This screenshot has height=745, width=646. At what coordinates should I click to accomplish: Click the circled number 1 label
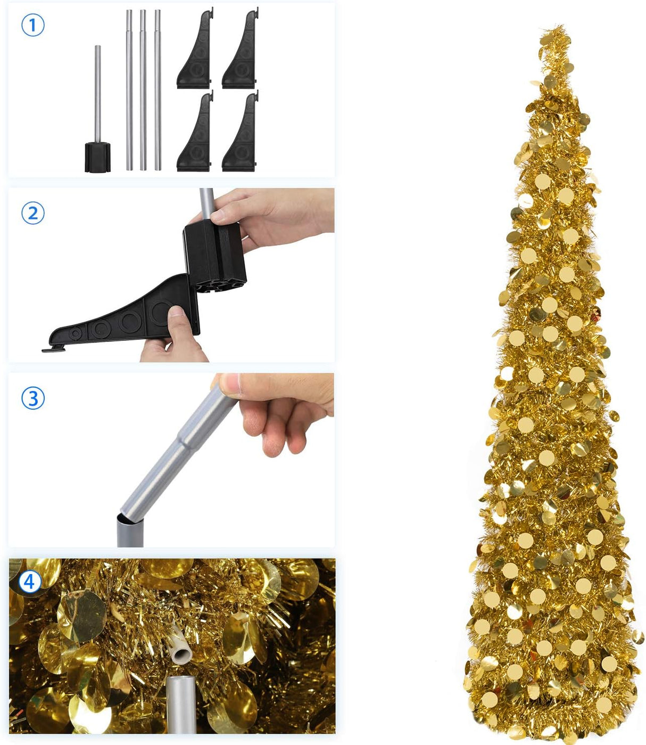coord(32,25)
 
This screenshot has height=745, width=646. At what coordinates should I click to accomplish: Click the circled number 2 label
coord(32,213)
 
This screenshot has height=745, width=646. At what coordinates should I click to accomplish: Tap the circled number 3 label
coord(32,398)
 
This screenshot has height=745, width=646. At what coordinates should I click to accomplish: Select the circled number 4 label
coord(29,582)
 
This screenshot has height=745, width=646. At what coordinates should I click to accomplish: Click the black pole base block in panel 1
coord(98,157)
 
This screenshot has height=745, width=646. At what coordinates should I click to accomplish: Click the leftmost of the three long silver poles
coord(129,91)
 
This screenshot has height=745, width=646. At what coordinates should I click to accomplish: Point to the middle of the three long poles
coord(143,91)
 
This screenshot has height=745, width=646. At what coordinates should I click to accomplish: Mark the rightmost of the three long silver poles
coord(158,91)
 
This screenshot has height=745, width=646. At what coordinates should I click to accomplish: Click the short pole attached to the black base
coord(98,93)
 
